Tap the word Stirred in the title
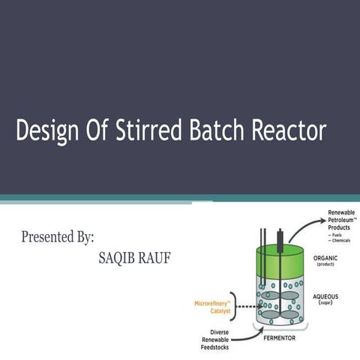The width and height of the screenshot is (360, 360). tap(153, 132)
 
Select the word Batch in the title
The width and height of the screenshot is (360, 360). tap(223, 132)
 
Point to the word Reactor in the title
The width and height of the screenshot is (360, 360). tap(289, 132)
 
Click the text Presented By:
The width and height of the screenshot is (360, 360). tap(58, 238)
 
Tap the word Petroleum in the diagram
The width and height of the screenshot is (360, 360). tap(342, 221)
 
